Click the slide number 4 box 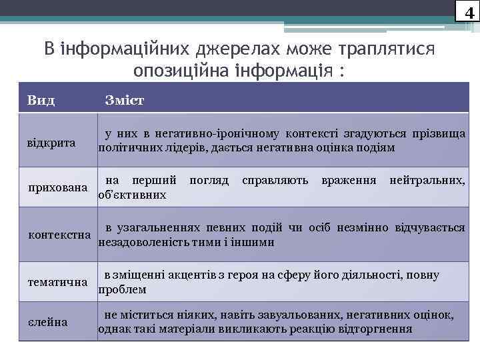coord(469,11)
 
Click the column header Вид coord(41,101)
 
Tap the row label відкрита coord(51,143)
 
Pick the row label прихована coord(57,187)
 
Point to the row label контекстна coord(59,235)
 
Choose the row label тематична coord(57,282)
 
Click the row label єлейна coord(47,323)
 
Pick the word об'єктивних coord(132,195)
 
